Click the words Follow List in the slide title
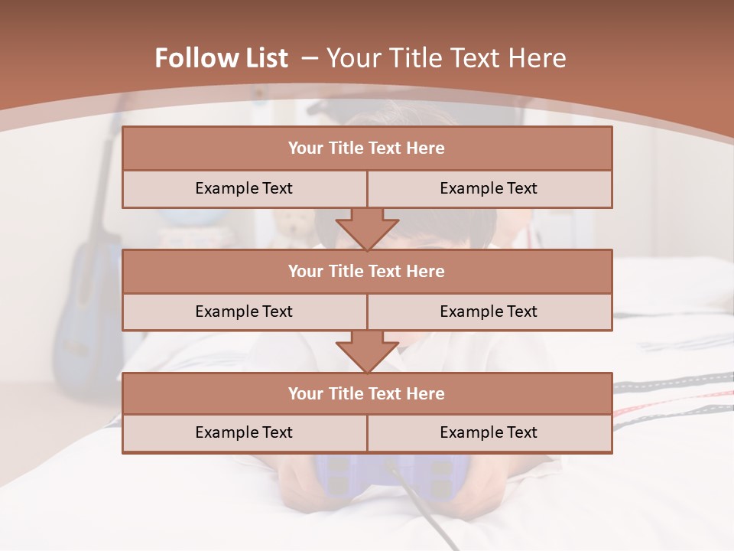pos(221,58)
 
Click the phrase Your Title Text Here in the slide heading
pos(447,58)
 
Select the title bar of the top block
pos(367,148)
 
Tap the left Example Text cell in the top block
pos(244,188)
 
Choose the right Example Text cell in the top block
pos(489,188)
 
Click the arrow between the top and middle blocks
pos(367,230)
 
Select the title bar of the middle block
pos(367,272)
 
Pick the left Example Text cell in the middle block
pos(244,311)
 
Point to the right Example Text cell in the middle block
pos(489,311)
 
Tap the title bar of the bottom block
pos(367,393)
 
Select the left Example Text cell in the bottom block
pos(244,432)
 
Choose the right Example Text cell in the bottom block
pos(489,432)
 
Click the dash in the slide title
pos(310,58)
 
